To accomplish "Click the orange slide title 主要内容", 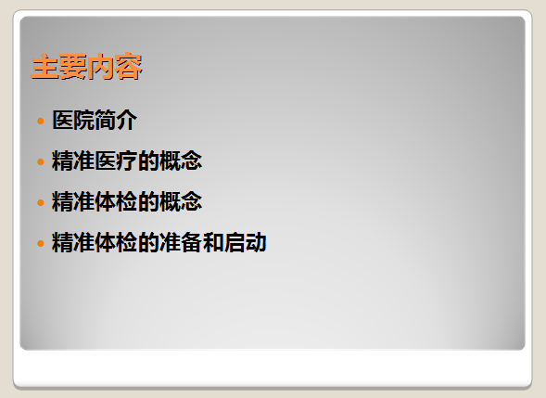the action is point(87,67).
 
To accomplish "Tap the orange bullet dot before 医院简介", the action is point(41,121).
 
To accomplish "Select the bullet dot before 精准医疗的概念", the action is point(41,161).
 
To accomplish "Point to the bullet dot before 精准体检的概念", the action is point(41,202).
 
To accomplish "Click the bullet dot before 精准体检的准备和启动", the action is point(41,243).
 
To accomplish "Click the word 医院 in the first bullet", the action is point(73,121).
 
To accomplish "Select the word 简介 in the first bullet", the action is point(116,121).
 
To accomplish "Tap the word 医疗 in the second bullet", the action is point(116,161).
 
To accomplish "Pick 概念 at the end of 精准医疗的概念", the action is point(181,161).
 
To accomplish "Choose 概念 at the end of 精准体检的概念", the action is point(181,202).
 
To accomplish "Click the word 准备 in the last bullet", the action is point(181,242).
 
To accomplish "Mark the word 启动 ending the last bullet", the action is point(245,242).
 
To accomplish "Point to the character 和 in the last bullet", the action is point(213,242).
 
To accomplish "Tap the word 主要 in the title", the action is point(58,67).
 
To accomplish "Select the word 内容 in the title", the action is point(115,67).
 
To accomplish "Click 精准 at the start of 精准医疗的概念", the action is point(73,161).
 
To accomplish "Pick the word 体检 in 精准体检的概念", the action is point(116,202).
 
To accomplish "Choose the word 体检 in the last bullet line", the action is point(116,242).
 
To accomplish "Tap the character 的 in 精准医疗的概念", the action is point(148,161).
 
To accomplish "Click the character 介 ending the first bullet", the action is point(127,121).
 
